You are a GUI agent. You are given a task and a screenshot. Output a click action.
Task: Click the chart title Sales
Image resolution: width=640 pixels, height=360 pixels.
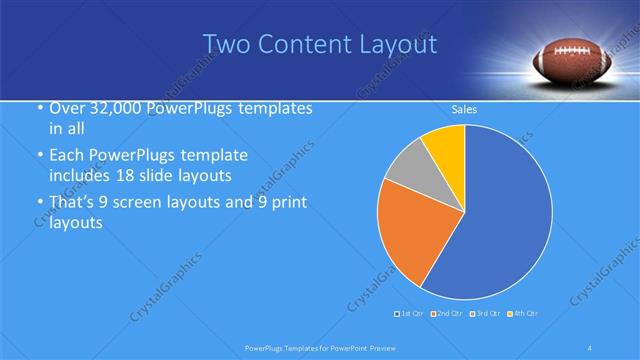(x=464, y=108)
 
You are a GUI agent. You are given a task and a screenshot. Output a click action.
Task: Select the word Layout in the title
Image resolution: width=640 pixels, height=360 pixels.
(x=398, y=45)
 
